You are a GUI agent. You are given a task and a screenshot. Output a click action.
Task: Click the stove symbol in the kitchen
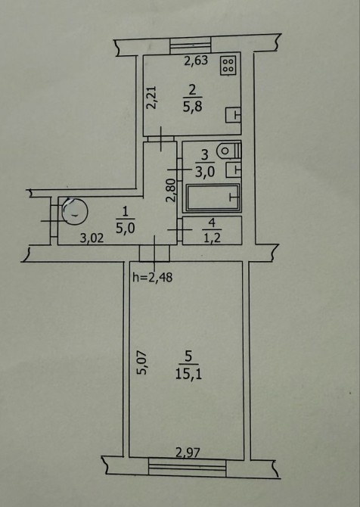[x=228, y=66]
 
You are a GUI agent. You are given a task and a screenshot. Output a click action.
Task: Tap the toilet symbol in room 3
[x=229, y=151]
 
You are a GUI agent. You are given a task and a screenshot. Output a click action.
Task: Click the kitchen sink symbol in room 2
[x=233, y=115]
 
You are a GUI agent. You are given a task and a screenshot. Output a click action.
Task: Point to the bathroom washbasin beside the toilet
[x=234, y=170]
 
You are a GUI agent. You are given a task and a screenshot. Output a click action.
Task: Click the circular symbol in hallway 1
[x=75, y=211]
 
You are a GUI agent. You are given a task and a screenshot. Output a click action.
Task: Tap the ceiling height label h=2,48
[x=153, y=278]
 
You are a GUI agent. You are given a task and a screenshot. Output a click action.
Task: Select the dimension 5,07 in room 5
[x=142, y=362]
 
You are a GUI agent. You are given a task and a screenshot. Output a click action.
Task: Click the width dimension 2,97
[x=188, y=453]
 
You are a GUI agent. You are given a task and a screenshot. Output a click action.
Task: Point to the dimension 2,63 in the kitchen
[x=196, y=61]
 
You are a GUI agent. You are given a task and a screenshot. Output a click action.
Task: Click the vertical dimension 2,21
[x=151, y=98]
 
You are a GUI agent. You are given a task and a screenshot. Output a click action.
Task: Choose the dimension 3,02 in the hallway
[x=92, y=238]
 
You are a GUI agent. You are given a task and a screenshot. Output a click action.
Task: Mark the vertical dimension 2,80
[x=171, y=191]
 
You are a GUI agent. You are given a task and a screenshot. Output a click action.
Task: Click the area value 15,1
[x=189, y=375]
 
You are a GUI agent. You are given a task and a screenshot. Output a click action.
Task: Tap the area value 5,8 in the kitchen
[x=193, y=107]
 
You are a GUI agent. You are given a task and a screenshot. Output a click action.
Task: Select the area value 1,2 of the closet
[x=212, y=238]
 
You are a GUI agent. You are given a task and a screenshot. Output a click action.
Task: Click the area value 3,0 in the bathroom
[x=205, y=171]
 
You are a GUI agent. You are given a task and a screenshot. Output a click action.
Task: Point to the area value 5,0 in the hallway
[x=125, y=228]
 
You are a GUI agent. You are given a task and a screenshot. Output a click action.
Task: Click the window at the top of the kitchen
[x=191, y=45]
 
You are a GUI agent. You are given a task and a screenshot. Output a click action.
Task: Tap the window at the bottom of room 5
[x=188, y=468]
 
